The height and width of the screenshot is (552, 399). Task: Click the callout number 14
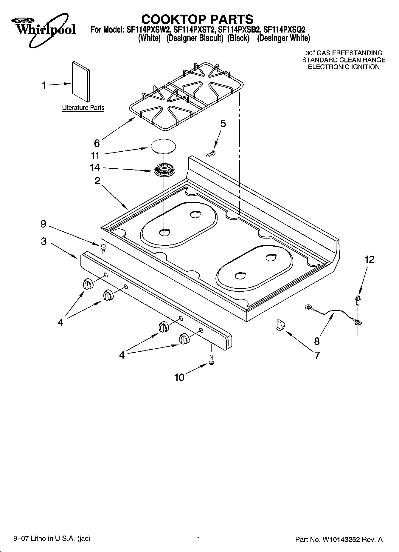[x=95, y=168]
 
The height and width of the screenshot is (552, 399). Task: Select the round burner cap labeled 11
[x=163, y=146]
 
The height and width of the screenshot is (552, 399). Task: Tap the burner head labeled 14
[x=164, y=171]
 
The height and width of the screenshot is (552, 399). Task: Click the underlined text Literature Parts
[x=83, y=108]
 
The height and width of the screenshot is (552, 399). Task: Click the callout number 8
[x=316, y=341]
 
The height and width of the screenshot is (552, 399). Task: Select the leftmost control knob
[x=88, y=284]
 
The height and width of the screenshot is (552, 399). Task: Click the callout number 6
[x=97, y=143]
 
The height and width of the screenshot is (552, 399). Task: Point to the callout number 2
[x=97, y=181]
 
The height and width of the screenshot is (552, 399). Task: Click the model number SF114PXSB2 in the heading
[x=239, y=30]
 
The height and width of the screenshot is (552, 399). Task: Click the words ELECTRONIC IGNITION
[x=344, y=67]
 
